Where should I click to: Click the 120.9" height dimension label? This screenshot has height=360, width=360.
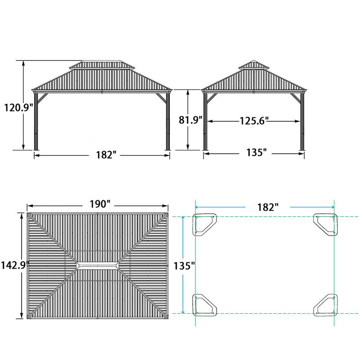[19, 107]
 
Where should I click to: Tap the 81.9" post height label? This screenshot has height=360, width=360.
[190, 120]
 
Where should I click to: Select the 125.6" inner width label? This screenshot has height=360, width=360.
[254, 121]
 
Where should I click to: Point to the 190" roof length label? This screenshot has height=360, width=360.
[99, 204]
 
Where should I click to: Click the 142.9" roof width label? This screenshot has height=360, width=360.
[15, 265]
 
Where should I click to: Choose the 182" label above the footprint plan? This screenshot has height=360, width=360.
[268, 207]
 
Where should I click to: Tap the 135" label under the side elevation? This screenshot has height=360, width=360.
[256, 153]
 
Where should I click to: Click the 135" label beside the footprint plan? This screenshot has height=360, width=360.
[184, 266]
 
